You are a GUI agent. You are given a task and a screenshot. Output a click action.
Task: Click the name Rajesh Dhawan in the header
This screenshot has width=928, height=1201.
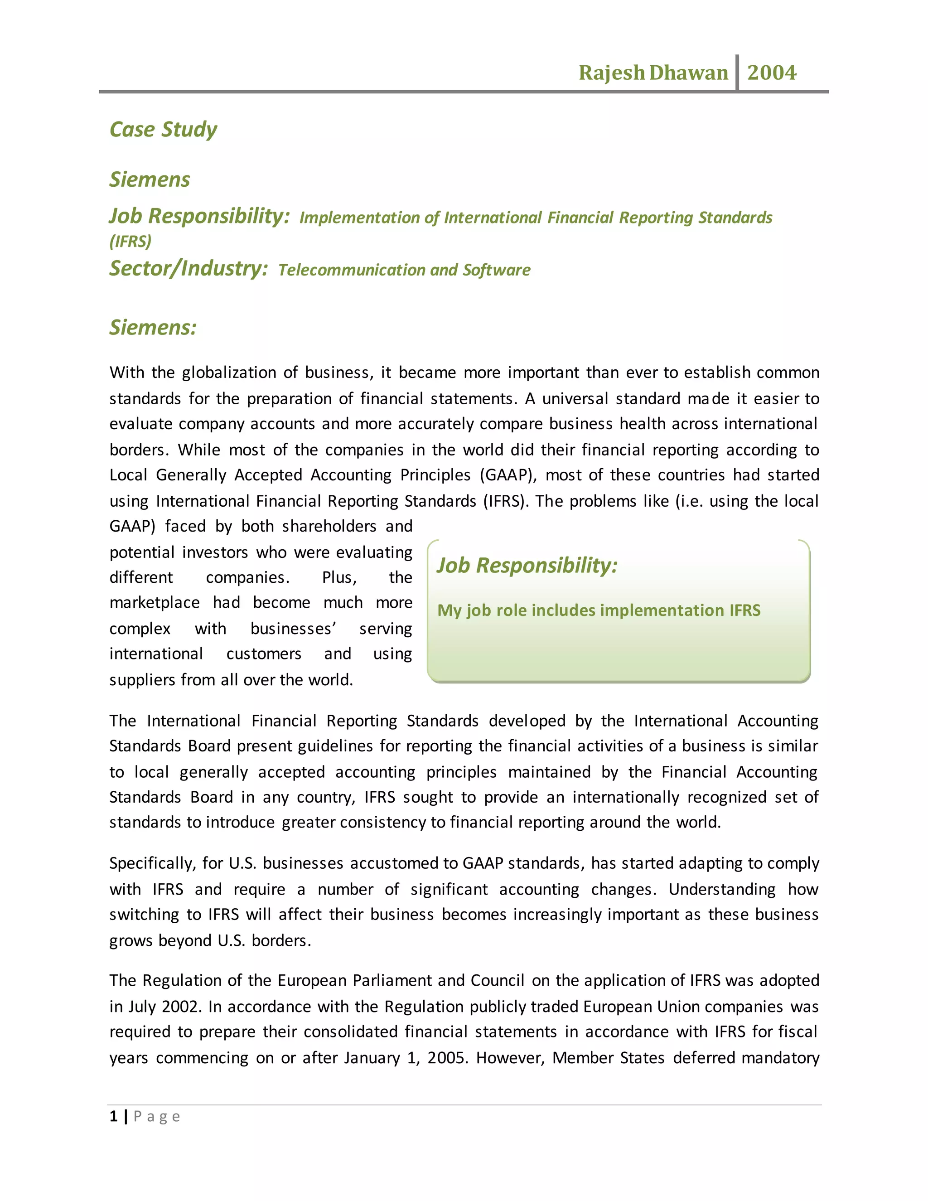[x=652, y=73]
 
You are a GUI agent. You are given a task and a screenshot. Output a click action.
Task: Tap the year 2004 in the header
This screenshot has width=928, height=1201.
[x=771, y=73]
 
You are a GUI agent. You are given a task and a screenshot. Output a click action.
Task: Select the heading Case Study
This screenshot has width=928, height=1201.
[x=163, y=130]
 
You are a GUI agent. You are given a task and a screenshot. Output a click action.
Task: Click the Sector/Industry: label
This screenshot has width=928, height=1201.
[x=188, y=268]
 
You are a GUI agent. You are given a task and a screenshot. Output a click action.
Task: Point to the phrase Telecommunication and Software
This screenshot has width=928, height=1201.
[x=404, y=270]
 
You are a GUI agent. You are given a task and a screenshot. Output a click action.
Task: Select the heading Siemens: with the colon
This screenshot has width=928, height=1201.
[x=153, y=328]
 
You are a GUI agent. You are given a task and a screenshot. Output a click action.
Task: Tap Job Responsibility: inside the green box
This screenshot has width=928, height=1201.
[x=527, y=565]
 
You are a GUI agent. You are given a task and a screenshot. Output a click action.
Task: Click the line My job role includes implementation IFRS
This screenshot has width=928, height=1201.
[x=599, y=610]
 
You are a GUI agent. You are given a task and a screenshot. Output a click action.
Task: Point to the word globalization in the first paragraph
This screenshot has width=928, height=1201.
[x=229, y=373]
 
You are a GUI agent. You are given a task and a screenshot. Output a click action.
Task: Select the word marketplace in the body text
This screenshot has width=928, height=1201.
[x=155, y=603]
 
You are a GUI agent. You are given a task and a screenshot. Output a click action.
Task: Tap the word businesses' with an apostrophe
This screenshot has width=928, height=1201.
[x=293, y=629]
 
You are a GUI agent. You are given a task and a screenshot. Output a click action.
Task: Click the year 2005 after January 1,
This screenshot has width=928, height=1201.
[x=448, y=1058]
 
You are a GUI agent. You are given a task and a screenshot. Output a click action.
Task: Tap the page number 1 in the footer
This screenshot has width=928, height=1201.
[x=113, y=1117]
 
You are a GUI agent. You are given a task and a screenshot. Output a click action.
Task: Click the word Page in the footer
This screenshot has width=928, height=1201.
[x=157, y=1117]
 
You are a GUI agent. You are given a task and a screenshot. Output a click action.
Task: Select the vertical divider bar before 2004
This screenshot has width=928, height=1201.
[x=737, y=72]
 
